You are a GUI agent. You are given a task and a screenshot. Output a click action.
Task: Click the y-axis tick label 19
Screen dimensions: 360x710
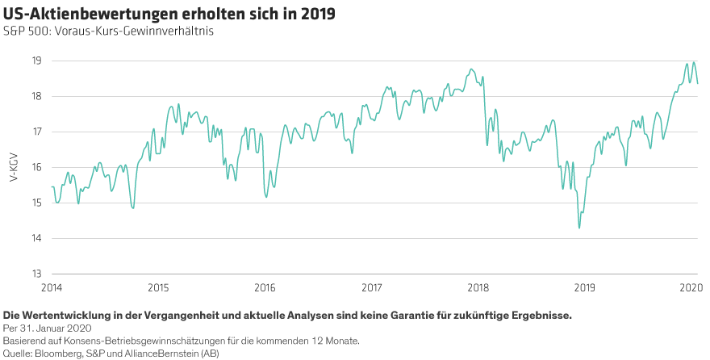click(37, 61)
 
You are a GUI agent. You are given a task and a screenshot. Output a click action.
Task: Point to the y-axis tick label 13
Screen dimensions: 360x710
click(37, 274)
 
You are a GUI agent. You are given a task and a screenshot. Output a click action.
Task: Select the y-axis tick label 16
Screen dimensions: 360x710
click(37, 167)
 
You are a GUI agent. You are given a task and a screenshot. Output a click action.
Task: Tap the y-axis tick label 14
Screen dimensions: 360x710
click(37, 238)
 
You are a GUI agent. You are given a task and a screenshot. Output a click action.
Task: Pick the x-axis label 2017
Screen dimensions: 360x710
click(371, 287)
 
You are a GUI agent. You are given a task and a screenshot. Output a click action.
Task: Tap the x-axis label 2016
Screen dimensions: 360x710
click(264, 287)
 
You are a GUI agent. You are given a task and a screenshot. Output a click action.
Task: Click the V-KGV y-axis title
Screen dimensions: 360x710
click(14, 167)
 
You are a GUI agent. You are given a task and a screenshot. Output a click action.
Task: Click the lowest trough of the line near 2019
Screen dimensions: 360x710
click(579, 228)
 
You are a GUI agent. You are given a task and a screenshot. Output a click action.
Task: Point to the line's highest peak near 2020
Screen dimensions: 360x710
click(694, 61)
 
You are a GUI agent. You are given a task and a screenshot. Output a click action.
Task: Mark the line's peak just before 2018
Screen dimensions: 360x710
click(471, 69)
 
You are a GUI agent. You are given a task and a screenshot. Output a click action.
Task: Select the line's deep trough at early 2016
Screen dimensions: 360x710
click(266, 196)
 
